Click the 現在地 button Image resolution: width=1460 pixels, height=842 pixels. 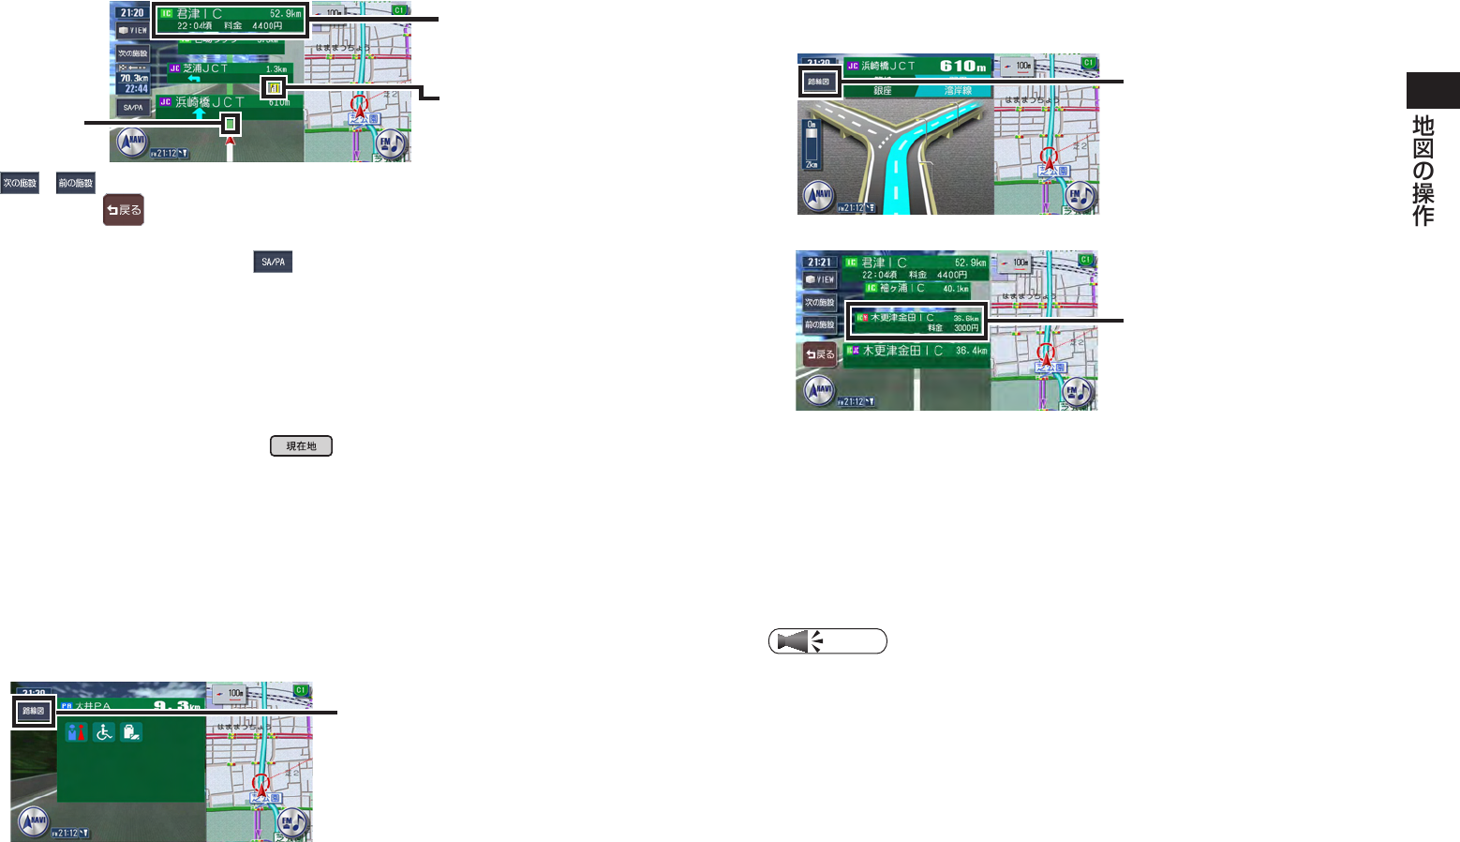click(301, 446)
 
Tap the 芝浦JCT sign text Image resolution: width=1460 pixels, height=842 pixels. click(205, 68)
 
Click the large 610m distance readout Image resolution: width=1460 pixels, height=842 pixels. click(963, 67)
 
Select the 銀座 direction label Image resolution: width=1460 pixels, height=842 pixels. click(882, 91)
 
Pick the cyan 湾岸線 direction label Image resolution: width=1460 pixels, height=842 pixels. click(958, 91)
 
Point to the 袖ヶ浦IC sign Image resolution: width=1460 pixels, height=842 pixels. click(901, 289)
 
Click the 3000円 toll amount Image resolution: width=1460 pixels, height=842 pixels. click(966, 328)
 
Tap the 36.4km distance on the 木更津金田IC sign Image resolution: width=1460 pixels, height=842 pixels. click(971, 351)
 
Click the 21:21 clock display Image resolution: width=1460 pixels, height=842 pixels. click(818, 263)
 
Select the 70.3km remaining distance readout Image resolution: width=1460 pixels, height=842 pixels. click(132, 79)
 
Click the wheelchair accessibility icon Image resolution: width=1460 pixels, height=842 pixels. click(104, 732)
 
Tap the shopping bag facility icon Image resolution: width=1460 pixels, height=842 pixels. click(131, 732)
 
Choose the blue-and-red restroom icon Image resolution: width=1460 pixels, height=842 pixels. click(77, 732)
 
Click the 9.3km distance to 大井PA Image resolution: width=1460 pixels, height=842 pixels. click(177, 705)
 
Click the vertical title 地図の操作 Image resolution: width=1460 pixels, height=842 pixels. click(1423, 170)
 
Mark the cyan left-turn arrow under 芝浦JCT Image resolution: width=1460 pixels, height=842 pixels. click(194, 79)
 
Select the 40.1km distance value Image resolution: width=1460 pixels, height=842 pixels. click(956, 289)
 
